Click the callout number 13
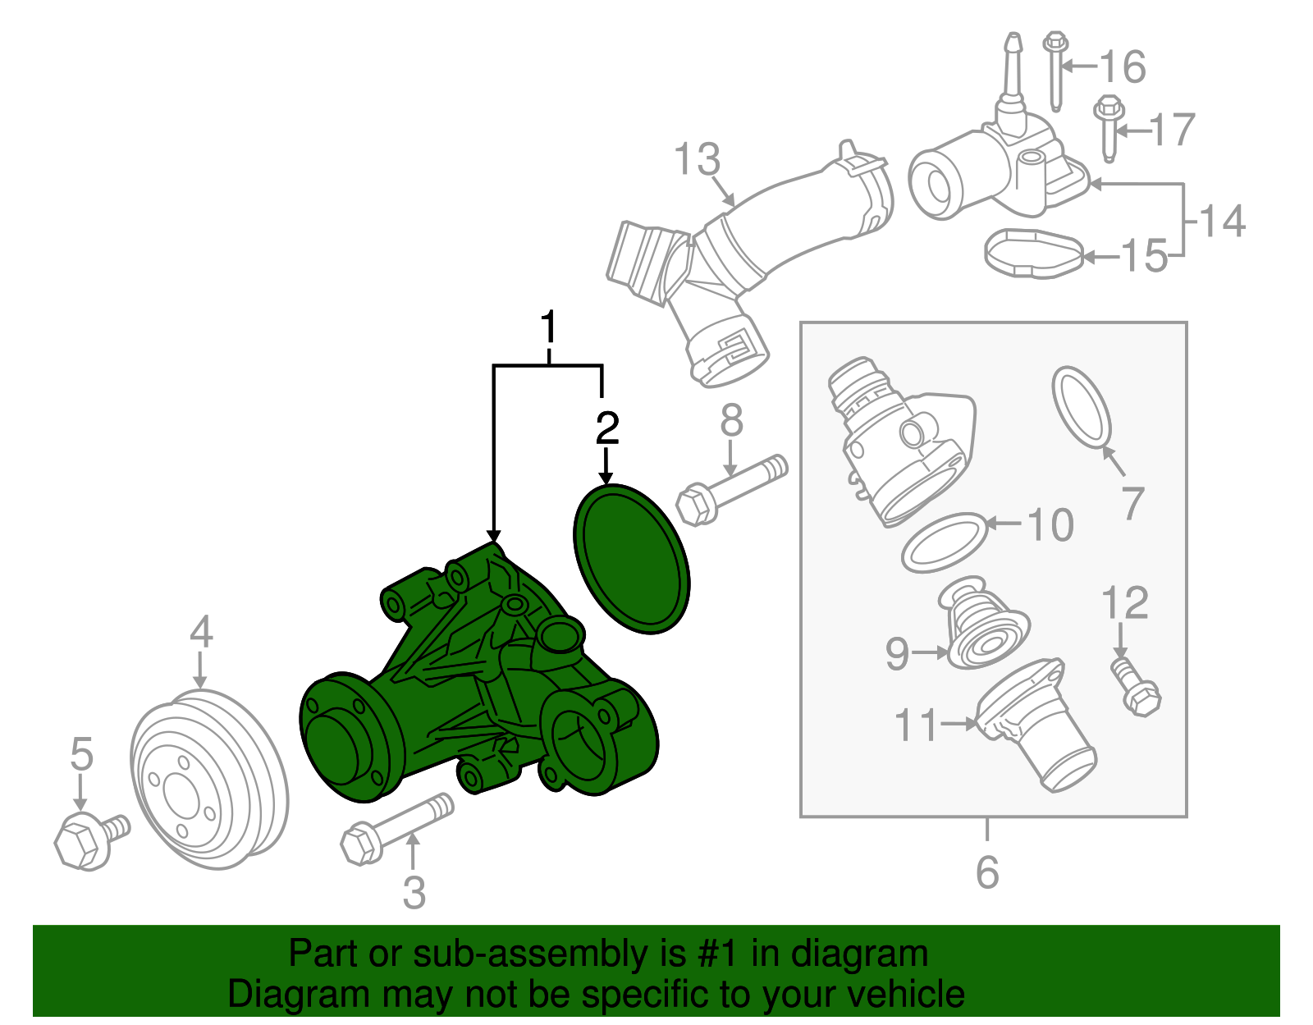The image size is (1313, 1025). [x=697, y=159]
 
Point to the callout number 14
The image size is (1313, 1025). [x=1223, y=222]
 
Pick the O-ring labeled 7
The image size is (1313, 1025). [x=1082, y=409]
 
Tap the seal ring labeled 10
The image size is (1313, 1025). [x=945, y=542]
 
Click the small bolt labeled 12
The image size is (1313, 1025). [x=1136, y=688]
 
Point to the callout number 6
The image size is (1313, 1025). [x=987, y=872]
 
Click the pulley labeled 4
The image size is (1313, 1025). [x=209, y=780]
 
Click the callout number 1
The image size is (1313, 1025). [x=548, y=327]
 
